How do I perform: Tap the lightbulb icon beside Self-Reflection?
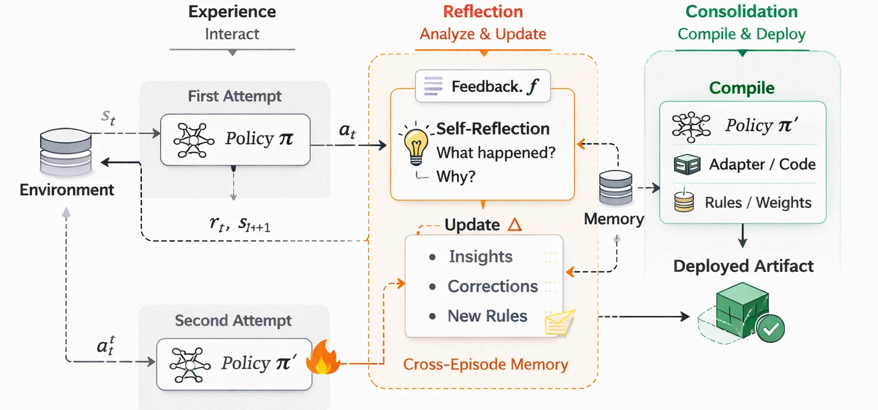coord(416,142)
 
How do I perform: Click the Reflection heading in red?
coord(482,12)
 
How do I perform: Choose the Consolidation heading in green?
coord(742,12)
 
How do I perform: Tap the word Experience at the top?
coord(232,12)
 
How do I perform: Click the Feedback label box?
coord(482,86)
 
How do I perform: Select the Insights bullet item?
coord(480,256)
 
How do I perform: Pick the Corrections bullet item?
coord(492,286)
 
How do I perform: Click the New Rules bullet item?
coord(487,316)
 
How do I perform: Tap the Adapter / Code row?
coord(745,165)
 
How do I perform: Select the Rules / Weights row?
coord(745,203)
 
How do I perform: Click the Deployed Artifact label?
coord(743,266)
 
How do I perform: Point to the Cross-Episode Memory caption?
coord(486,364)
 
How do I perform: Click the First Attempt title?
coord(234,96)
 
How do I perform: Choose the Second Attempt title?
coord(233,321)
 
